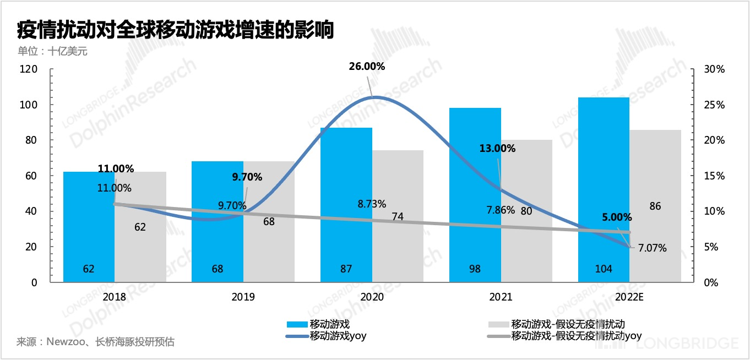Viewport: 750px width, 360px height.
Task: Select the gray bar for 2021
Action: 526,242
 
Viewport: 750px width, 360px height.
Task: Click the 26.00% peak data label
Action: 367,67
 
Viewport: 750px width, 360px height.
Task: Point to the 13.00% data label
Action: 497,149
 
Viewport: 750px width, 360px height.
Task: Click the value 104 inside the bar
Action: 604,269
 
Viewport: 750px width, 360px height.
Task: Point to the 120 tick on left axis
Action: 29,69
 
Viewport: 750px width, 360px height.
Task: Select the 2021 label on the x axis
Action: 501,297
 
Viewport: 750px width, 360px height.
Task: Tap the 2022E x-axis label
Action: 629,297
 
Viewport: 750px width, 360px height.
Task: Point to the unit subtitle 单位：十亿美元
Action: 52,52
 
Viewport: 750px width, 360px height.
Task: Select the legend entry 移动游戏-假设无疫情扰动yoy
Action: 576,336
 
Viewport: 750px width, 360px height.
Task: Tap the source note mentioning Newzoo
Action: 95,342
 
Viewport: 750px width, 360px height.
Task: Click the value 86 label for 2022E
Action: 655,206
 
